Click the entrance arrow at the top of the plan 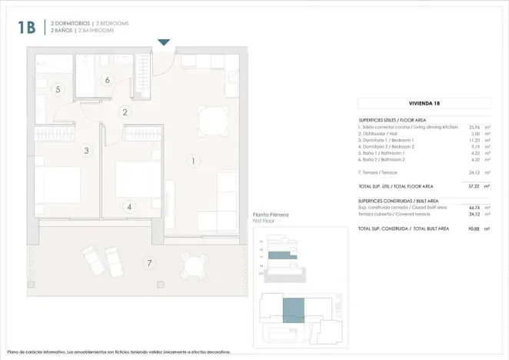(x=163, y=43)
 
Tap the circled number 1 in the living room (x=194, y=161)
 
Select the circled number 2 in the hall (x=125, y=112)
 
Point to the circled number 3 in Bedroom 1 (x=87, y=151)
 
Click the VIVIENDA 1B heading (x=425, y=103)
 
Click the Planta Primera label (x=271, y=215)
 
